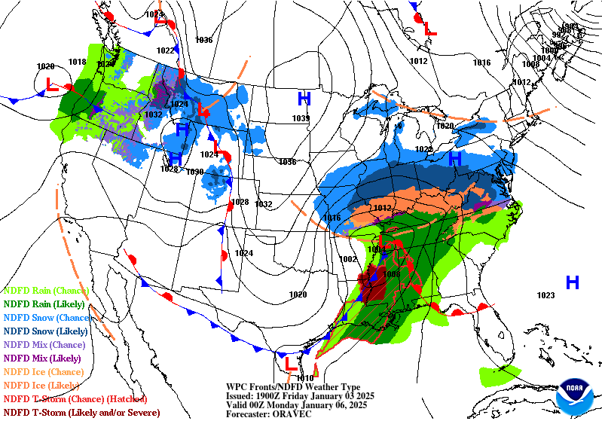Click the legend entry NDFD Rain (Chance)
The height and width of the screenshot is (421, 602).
(46, 290)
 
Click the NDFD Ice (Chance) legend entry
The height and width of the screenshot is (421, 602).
(43, 371)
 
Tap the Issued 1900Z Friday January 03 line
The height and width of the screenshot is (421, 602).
(300, 395)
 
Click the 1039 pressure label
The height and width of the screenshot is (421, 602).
(301, 118)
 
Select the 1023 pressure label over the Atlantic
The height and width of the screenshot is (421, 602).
(545, 295)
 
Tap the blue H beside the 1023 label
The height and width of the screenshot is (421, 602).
(572, 282)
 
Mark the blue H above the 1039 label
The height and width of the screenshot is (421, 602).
(304, 99)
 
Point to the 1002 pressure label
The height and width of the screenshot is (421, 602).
(348, 259)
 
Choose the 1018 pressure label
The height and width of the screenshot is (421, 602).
(77, 62)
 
